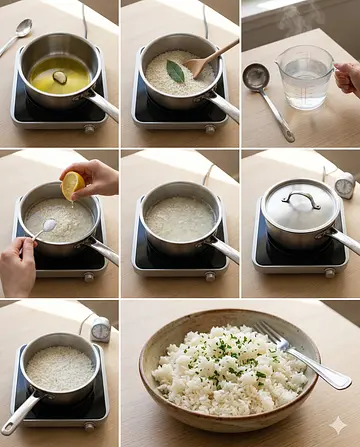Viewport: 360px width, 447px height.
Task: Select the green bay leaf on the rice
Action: [x=175, y=71]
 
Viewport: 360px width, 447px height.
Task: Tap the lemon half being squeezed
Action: [x=73, y=184]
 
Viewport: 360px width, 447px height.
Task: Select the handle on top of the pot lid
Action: [x=300, y=200]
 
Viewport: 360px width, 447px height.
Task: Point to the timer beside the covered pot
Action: [x=345, y=186]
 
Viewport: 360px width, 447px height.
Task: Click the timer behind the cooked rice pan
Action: [x=100, y=329]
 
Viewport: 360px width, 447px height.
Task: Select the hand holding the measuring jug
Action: [x=348, y=78]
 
